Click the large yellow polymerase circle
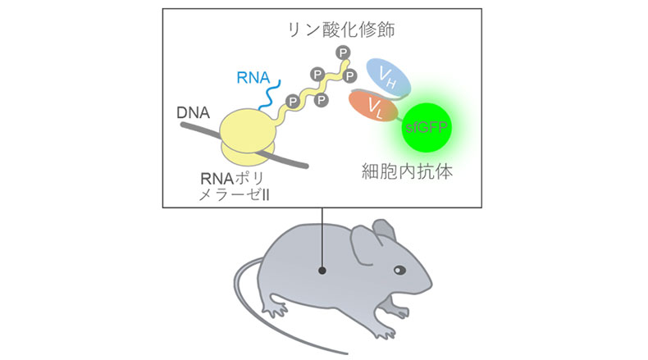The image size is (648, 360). [x=247, y=128]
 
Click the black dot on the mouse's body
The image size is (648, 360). [x=323, y=269]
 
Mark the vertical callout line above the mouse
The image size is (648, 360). [x=323, y=238]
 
